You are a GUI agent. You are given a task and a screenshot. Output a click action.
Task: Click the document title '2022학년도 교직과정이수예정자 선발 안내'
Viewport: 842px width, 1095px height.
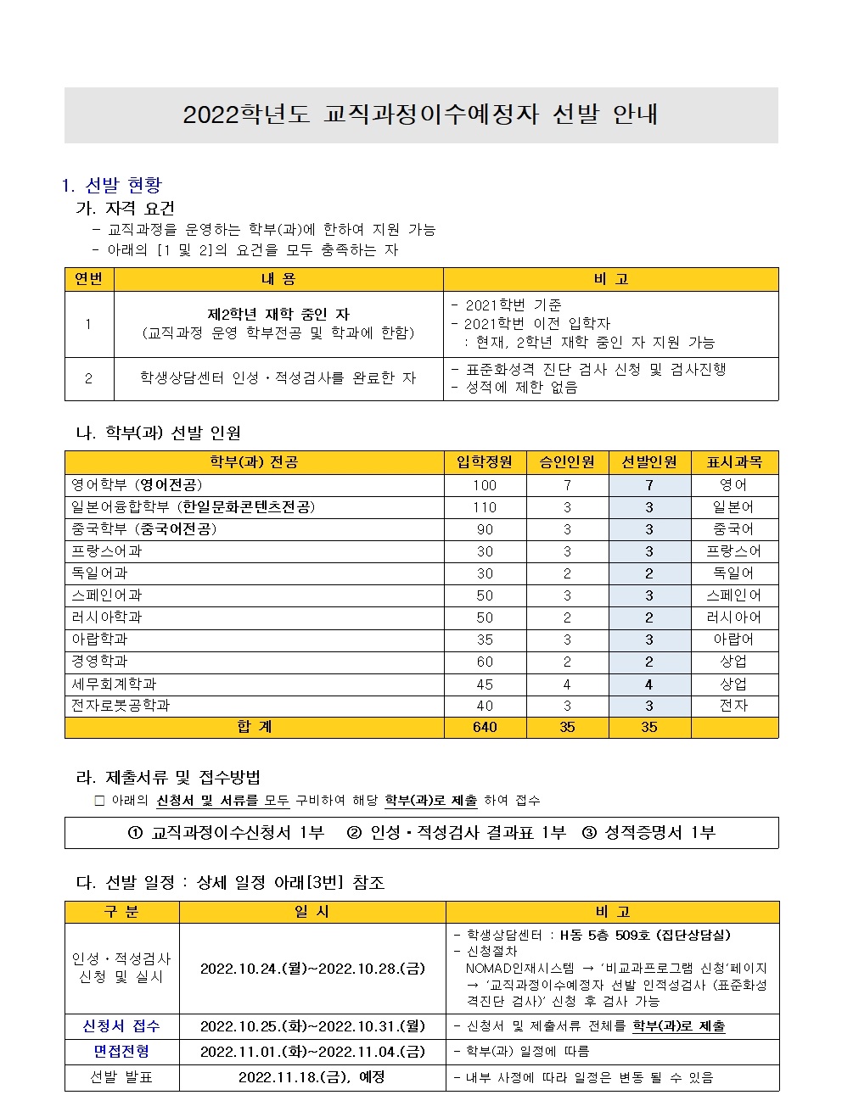[x=420, y=115]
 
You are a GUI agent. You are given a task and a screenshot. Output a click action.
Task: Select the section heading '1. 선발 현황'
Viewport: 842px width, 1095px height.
[x=112, y=185]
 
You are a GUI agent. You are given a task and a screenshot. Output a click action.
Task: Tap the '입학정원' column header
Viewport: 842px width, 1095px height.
[x=485, y=462]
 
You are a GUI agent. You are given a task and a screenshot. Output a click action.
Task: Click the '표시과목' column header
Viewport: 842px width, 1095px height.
[x=734, y=462]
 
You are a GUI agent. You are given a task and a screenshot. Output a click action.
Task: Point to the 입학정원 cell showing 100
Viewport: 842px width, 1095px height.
[x=485, y=485]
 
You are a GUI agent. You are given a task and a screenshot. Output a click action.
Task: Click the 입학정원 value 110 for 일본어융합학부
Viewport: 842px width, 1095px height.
[x=485, y=507]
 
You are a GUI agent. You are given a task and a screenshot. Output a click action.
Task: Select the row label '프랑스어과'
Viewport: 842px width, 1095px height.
[x=107, y=551]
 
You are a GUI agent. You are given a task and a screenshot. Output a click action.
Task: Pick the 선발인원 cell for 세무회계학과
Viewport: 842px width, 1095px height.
[x=649, y=684]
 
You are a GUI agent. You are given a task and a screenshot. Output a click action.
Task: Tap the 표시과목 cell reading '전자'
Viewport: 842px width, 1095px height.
[x=734, y=706]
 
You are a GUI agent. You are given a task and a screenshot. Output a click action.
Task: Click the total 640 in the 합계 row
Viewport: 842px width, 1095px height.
[x=485, y=727]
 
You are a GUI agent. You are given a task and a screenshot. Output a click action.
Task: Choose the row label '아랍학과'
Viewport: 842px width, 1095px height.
[x=100, y=640]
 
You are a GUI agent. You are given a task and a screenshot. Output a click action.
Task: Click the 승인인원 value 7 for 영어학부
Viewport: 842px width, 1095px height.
[x=567, y=485]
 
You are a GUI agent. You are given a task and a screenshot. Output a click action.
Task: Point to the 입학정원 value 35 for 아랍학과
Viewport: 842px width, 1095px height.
[x=485, y=640]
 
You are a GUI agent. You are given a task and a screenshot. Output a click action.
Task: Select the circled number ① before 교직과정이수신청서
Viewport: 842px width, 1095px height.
[x=135, y=833]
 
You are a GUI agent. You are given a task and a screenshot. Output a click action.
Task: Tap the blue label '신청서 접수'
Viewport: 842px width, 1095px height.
[x=121, y=1026]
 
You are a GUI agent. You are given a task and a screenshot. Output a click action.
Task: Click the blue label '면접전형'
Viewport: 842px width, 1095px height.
[x=121, y=1052]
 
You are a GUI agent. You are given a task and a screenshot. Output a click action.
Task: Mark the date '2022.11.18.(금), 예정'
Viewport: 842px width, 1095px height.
[x=312, y=1077]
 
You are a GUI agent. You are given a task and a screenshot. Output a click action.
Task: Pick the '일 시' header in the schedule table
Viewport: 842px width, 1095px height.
[x=312, y=912]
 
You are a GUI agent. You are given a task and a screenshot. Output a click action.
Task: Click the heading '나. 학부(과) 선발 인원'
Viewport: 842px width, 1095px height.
[x=159, y=433]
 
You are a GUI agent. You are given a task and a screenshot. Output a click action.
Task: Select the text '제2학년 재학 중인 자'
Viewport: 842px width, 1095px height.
[x=278, y=315]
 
